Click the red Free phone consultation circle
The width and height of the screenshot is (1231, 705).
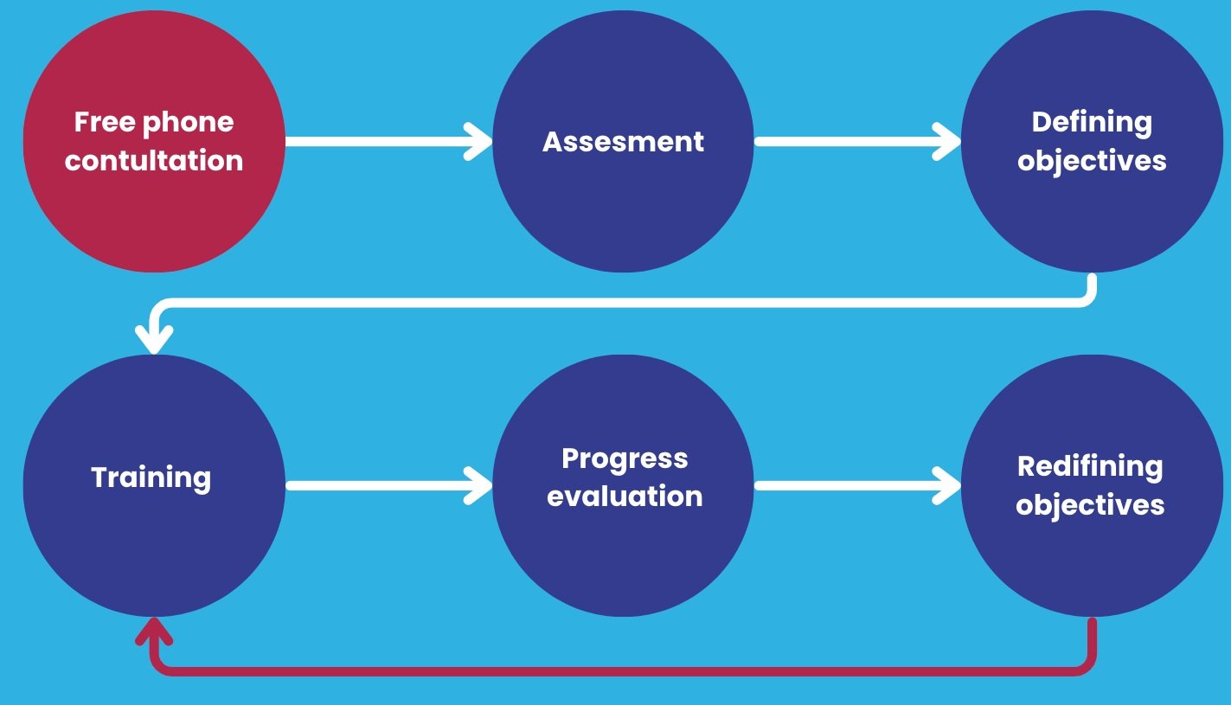154,141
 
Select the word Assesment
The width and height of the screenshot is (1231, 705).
623,142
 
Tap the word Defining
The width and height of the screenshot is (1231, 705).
1092,123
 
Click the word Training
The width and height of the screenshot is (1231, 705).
151,477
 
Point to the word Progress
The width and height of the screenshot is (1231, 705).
625,458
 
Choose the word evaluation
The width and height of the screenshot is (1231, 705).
625,497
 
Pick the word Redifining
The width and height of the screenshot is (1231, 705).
1090,467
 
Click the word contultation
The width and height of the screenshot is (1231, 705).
154,160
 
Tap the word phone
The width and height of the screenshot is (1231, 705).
188,123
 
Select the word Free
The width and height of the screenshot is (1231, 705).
105,122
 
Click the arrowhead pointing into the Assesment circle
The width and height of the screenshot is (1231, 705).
478,141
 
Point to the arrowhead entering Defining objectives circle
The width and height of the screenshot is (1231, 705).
946,141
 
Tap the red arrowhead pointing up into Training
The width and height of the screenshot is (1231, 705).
155,631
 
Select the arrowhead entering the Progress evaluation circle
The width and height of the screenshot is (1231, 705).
478,486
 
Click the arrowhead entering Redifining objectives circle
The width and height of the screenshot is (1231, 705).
946,486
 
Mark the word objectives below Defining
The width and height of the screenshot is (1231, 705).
1092,162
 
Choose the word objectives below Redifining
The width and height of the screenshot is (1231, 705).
1090,505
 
